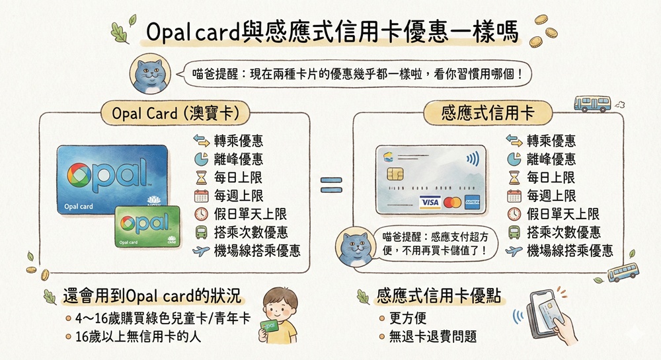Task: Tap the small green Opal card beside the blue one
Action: coord(147,226)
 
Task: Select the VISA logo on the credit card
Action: coord(430,203)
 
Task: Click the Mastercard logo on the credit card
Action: coord(452,203)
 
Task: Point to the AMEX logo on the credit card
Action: coord(472,203)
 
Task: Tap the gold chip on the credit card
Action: coord(395,174)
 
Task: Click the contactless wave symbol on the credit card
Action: coord(473,159)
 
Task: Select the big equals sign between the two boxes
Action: coord(331,185)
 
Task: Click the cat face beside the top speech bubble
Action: coord(150,75)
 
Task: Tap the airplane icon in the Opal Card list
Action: coord(201,251)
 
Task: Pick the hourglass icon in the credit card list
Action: coord(514,178)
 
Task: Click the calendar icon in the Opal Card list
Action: coord(201,196)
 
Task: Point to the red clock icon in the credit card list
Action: coord(514,214)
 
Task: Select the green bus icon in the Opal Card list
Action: coord(201,233)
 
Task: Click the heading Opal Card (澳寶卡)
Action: coord(175,113)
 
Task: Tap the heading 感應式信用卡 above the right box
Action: coord(488,113)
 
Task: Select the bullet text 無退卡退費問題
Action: coord(433,336)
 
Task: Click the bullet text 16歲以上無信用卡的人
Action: coord(138,336)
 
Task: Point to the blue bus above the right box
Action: coord(592,104)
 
